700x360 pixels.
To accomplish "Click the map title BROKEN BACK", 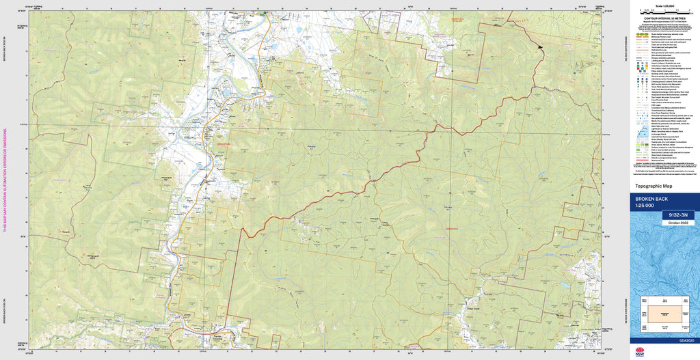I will (x=652, y=198).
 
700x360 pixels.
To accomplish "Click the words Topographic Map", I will (x=654, y=186).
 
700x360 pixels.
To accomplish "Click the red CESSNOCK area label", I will (x=451, y=230).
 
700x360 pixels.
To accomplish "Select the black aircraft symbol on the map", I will (x=540, y=47).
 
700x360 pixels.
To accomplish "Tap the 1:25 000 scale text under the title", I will (x=645, y=206).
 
